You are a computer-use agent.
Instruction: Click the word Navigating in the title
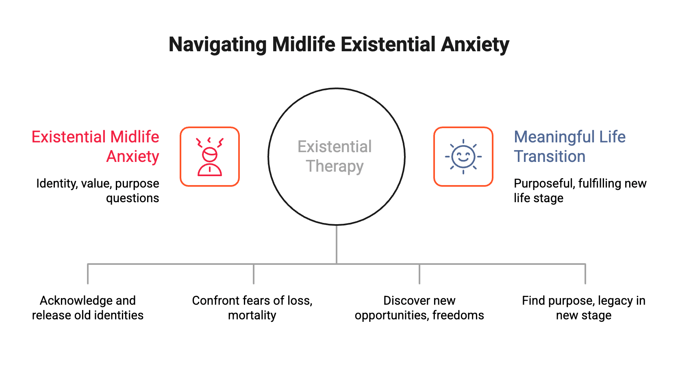pos(217,45)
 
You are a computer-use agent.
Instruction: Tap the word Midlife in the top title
pos(304,44)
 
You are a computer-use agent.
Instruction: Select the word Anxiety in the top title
pos(475,44)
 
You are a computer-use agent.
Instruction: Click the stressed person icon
pos(210,157)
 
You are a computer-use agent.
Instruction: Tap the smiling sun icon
pos(463,157)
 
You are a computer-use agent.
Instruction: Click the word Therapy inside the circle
pos(335,166)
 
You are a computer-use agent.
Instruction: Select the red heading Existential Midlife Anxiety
pos(96,146)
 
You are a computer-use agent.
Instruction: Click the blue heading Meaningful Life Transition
pos(569,146)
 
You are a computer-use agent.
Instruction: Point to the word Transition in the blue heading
pos(550,157)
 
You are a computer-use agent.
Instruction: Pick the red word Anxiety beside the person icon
pos(133,157)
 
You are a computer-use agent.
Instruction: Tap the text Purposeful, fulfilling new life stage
pos(580,191)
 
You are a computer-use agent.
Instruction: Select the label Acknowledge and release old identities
pos(88,308)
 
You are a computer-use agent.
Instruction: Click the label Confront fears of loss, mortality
pos(252,308)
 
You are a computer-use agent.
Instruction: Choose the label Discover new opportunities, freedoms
pos(419,308)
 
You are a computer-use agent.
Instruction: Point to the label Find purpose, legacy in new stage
pos(584,308)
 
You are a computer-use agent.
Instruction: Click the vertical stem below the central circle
pos(337,244)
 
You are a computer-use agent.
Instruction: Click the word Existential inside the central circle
pos(335,146)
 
